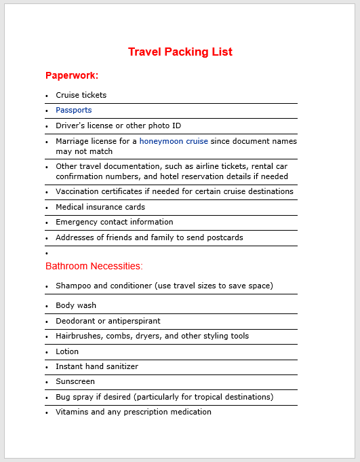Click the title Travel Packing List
(180, 52)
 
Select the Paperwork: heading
(72, 75)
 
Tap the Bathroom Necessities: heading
(94, 266)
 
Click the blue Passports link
(73, 110)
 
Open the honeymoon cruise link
(174, 141)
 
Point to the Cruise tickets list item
(81, 95)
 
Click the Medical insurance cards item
(100, 207)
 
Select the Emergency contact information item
(115, 222)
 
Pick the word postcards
(224, 237)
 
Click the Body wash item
(76, 305)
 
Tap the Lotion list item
(67, 351)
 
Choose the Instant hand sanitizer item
(97, 366)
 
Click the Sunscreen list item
(75, 381)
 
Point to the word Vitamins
(72, 412)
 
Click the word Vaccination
(77, 191)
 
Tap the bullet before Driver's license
(47, 126)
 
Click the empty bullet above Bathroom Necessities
(47, 253)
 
